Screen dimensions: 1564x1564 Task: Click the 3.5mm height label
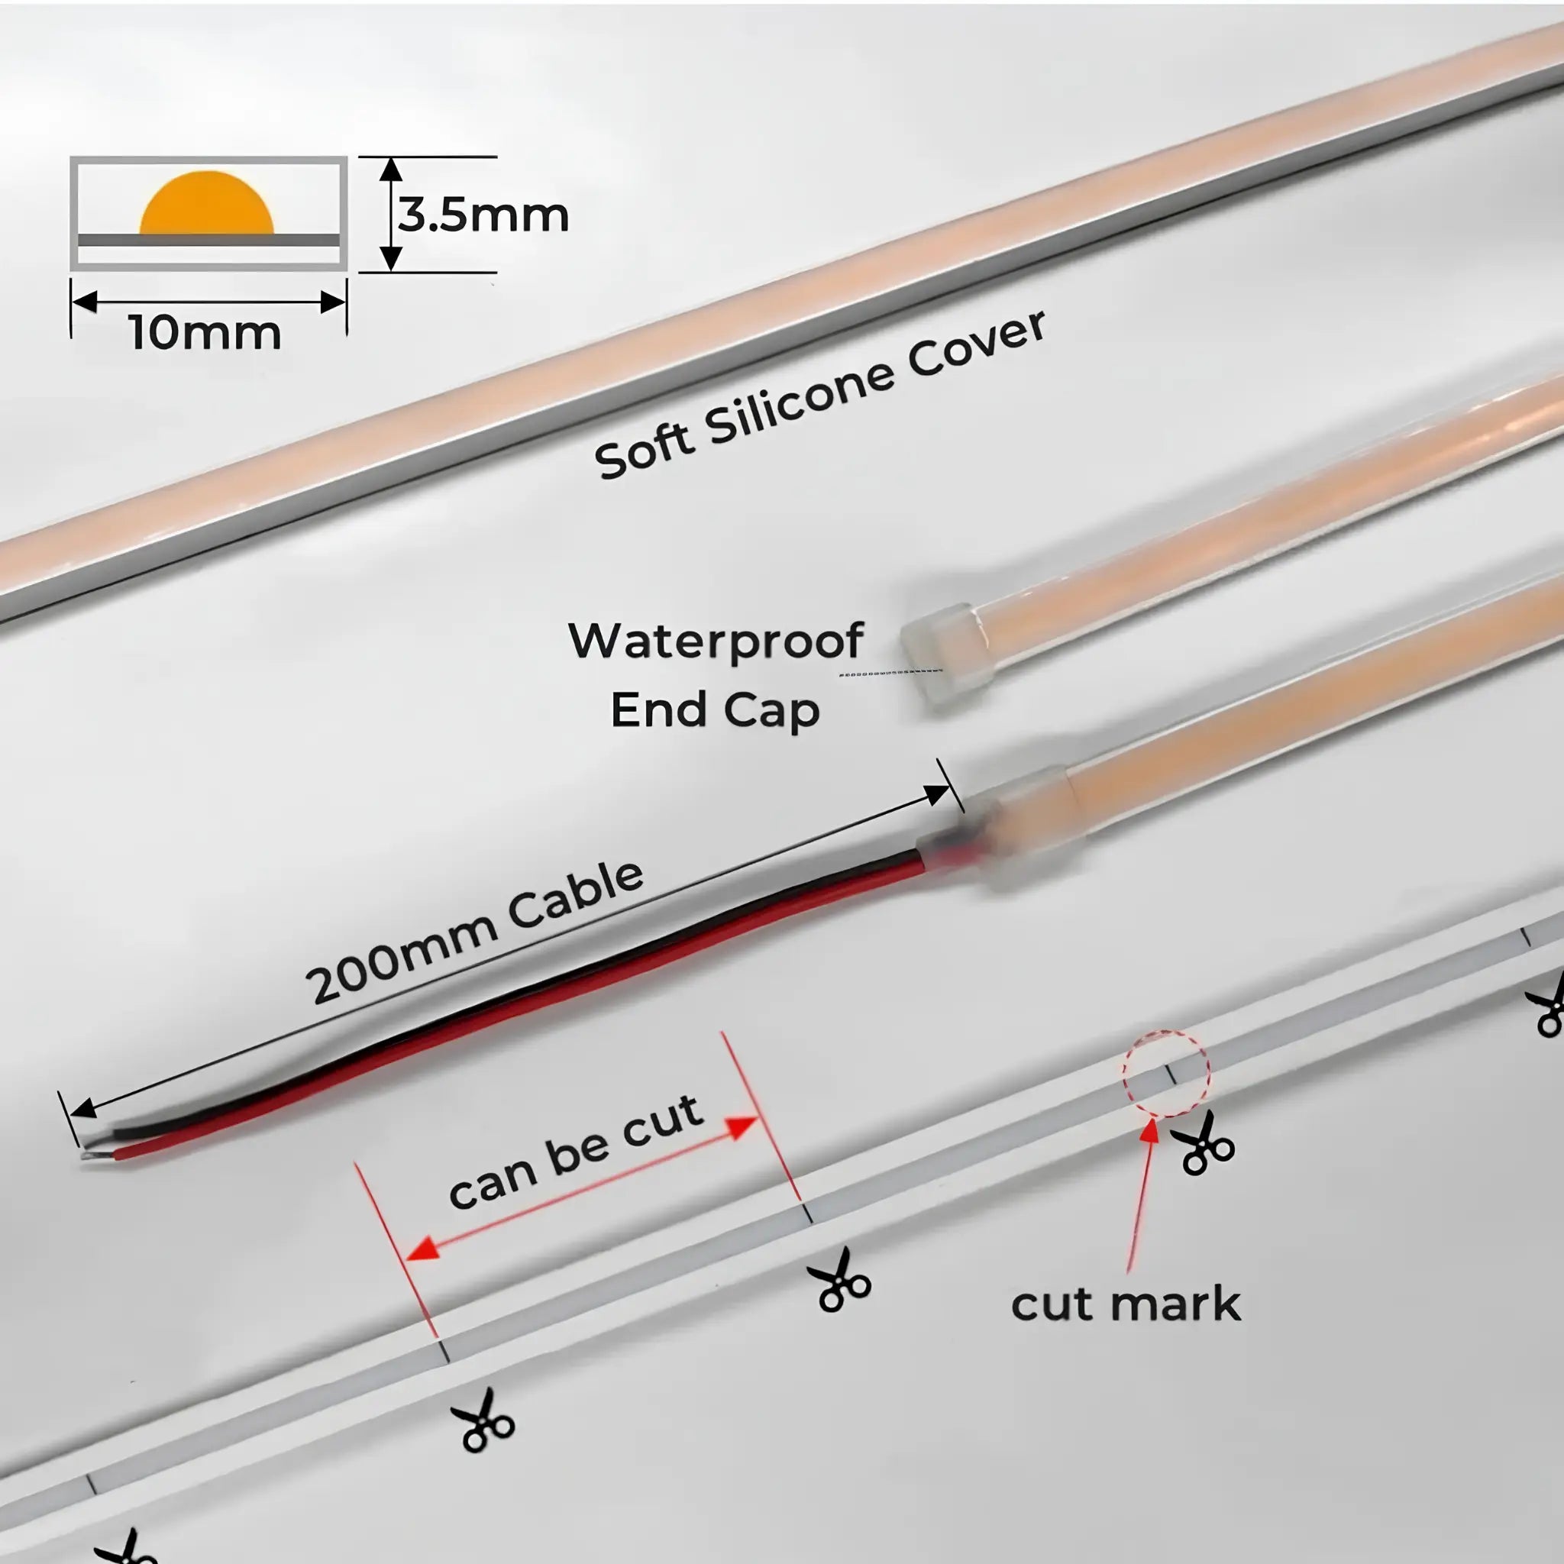pyautogui.click(x=483, y=215)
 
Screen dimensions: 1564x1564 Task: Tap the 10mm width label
pyautogui.click(x=205, y=333)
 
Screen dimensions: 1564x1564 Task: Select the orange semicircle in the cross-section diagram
pyautogui.click(x=206, y=202)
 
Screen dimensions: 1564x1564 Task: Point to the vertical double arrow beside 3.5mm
pyautogui.click(x=391, y=215)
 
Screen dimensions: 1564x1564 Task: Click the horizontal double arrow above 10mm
pyautogui.click(x=208, y=302)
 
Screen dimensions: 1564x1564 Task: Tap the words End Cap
pyautogui.click(x=715, y=710)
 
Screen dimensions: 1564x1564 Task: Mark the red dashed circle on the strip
pyautogui.click(x=1165, y=1074)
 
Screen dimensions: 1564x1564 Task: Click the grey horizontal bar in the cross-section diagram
pyautogui.click(x=208, y=241)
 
